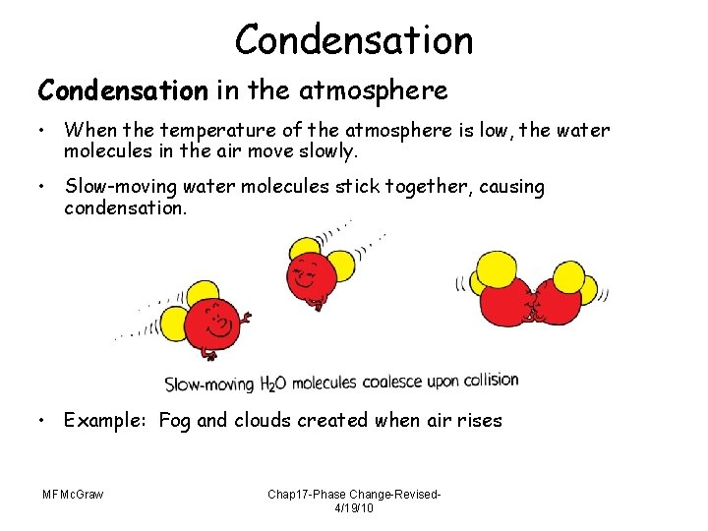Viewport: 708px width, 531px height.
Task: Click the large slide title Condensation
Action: tap(354, 40)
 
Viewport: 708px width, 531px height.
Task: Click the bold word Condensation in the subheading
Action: tap(122, 91)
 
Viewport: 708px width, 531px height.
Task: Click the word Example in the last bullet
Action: tap(104, 421)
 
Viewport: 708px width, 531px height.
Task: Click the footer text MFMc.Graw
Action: tap(74, 494)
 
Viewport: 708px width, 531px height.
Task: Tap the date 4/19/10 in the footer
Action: tap(354, 507)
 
